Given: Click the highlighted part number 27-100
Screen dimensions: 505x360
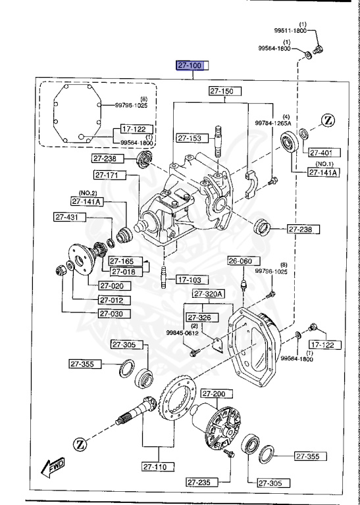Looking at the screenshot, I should pyautogui.click(x=192, y=65).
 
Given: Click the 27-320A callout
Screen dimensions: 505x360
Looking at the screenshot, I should pyautogui.click(x=209, y=293).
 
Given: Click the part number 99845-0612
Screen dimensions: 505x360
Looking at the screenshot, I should pyautogui.click(x=182, y=332).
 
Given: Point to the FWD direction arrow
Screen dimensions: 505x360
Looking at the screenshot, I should pyautogui.click(x=51, y=468).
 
